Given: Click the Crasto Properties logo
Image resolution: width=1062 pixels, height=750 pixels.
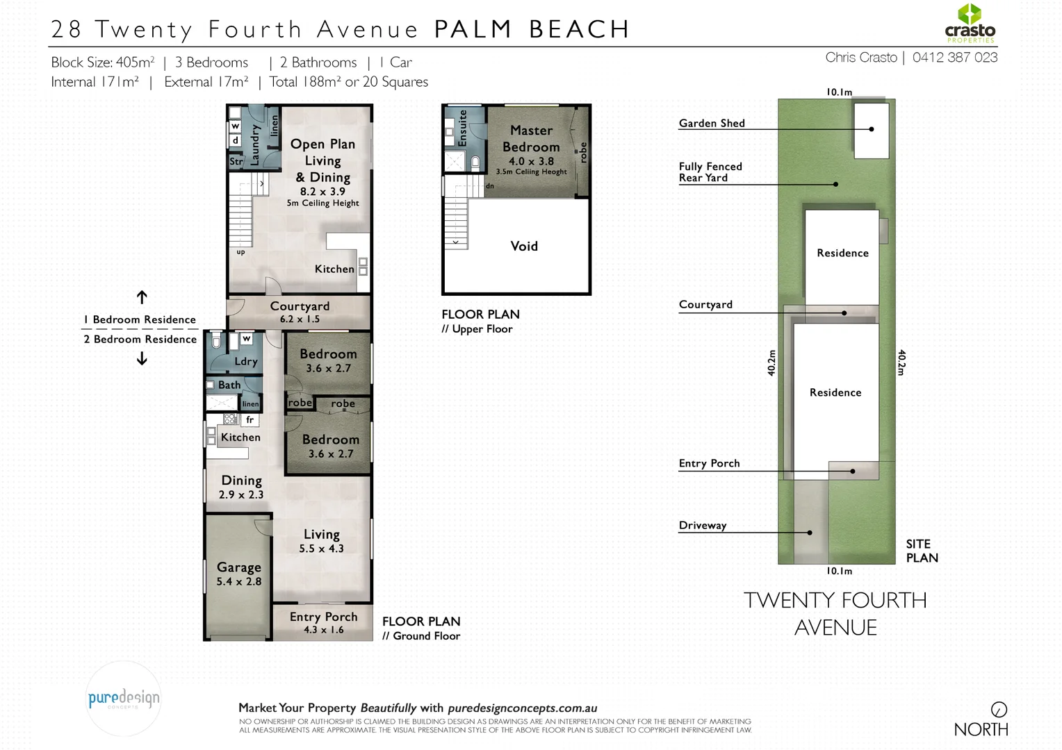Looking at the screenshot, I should tap(970, 24).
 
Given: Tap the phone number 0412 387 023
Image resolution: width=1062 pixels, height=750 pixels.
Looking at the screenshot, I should tap(955, 58).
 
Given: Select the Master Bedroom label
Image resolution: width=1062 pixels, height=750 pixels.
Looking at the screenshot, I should tap(531, 139).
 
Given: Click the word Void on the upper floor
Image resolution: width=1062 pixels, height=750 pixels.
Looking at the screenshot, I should tap(524, 247).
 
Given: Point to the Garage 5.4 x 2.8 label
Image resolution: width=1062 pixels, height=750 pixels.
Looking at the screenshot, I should tap(238, 574).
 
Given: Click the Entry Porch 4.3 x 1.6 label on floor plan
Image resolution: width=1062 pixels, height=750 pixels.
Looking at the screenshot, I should tap(323, 623).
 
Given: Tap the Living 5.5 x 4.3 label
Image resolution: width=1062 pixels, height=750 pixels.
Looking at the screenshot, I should tap(321, 541).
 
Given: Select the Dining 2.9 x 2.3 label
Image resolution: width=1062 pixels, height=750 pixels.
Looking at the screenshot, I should tap(241, 487).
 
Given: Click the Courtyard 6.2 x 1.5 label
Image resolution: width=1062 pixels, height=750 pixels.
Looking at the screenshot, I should tap(300, 312).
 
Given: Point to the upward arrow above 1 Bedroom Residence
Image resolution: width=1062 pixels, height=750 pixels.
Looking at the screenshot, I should tap(142, 297).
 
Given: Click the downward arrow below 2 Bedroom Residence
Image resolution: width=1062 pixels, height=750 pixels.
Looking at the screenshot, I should tap(142, 359).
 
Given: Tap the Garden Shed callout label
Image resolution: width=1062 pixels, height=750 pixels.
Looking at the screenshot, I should tap(712, 124).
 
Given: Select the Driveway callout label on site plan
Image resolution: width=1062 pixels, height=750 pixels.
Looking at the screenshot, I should tap(702, 526).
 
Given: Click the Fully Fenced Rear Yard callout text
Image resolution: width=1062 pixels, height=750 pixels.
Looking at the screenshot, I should tap(710, 172).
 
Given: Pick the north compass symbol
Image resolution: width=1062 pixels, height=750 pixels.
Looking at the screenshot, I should tap(999, 710).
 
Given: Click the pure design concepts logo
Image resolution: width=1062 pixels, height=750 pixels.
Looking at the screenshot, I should tap(124, 699).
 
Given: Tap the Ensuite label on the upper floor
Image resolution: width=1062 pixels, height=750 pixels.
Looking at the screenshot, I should tap(462, 127).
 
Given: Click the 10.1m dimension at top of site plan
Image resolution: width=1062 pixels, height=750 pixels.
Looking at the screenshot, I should tap(839, 92).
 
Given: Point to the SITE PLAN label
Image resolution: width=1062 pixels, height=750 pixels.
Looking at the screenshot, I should tap(922, 551).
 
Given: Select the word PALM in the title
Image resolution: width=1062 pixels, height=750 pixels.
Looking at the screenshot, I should tap(473, 29).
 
